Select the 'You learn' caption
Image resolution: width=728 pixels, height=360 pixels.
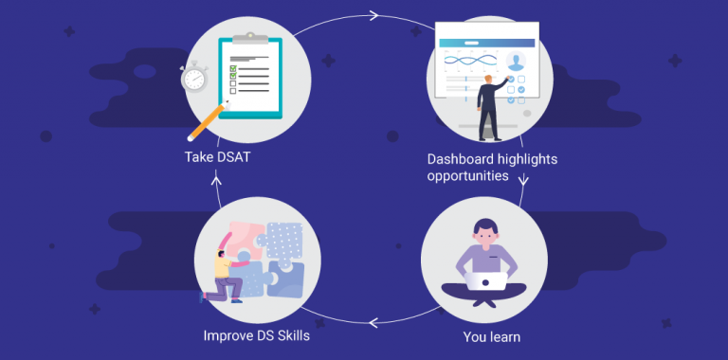point(491,335)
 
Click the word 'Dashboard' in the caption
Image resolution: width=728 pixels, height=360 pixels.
point(460,159)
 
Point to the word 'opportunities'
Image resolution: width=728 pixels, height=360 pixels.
point(468,176)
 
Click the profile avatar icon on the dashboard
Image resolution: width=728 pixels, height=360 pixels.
point(516,61)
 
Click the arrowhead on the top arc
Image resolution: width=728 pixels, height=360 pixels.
point(373,15)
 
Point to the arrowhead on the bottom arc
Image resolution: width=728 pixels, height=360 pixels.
point(373,322)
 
